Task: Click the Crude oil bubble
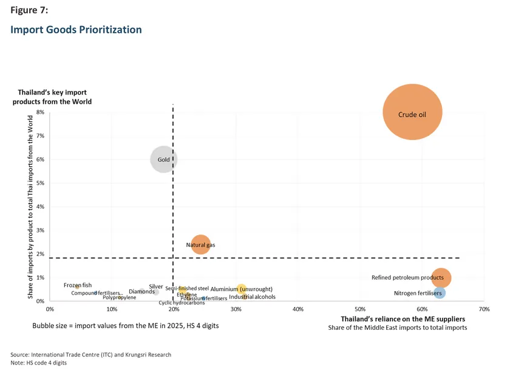(412, 113)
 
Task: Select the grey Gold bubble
(163, 159)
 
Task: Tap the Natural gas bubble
(200, 244)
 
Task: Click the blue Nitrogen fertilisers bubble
(440, 293)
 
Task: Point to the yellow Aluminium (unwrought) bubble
(241, 289)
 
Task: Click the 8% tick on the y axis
(41, 112)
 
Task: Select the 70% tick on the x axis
(484, 309)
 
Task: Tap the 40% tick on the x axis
(298, 309)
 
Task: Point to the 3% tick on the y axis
(41, 230)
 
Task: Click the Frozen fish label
(78, 285)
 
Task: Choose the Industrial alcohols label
(252, 297)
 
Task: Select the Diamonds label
(141, 292)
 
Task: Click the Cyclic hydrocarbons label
(182, 303)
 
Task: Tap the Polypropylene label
(119, 298)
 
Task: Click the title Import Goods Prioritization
(76, 30)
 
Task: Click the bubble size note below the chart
(125, 326)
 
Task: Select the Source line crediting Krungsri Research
(90, 355)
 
